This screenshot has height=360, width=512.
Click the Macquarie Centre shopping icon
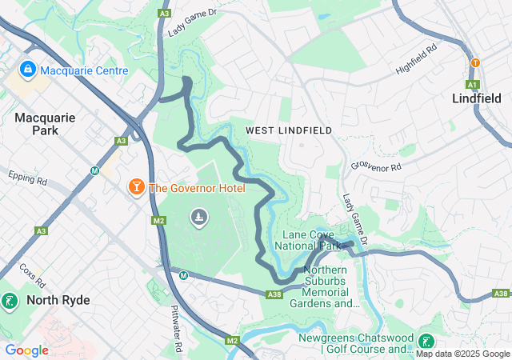[28, 70]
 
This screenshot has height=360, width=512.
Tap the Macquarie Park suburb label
[45, 123]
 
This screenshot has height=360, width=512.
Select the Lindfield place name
[477, 99]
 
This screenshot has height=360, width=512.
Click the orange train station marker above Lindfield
[475, 62]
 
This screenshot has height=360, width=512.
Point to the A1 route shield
[473, 84]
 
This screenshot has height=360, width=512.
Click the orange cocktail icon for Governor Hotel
[137, 187]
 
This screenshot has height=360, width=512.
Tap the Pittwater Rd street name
[177, 320]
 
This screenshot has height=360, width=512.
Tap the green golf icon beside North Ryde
[10, 302]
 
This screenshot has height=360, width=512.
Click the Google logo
[26, 350]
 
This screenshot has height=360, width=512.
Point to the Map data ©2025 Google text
[462, 354]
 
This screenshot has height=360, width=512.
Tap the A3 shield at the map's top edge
[164, 14]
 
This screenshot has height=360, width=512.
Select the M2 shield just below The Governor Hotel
[158, 220]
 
